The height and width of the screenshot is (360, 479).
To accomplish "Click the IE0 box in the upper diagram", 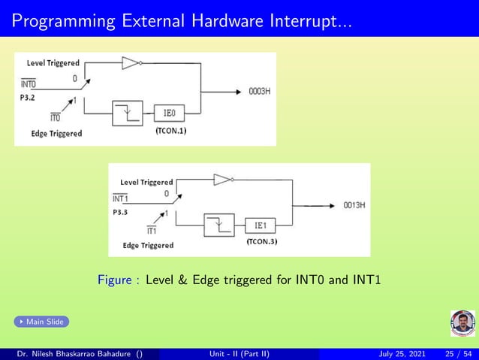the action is pyautogui.click(x=170, y=114).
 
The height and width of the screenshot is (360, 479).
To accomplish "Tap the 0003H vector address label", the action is pyautogui.click(x=259, y=92).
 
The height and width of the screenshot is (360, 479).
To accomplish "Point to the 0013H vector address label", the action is pyautogui.click(x=354, y=204).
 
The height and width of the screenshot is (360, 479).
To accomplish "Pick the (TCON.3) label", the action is pyautogui.click(x=262, y=242).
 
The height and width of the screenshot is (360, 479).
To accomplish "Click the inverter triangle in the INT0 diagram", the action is pyautogui.click(x=131, y=63).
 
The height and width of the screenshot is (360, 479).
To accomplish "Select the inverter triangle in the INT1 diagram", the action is pyautogui.click(x=222, y=180).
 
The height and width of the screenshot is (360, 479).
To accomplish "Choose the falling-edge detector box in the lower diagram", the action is pyautogui.click(x=218, y=225).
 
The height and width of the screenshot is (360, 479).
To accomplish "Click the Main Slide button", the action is pyautogui.click(x=41, y=322).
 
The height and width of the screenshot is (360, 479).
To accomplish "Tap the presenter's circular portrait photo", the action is pyautogui.click(x=462, y=323).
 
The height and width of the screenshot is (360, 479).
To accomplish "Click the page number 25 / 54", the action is pyautogui.click(x=459, y=353).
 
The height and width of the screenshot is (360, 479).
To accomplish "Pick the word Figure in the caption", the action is pyautogui.click(x=113, y=281).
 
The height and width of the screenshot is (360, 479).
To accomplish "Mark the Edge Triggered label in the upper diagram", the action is pyautogui.click(x=56, y=134).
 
